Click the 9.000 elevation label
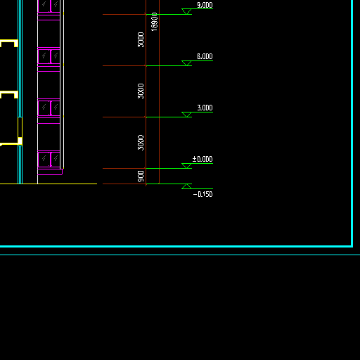click(x=205, y=5)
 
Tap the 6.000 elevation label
click(x=205, y=56)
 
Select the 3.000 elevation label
click(x=205, y=108)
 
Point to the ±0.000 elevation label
click(x=202, y=159)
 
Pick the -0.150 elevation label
click(x=203, y=194)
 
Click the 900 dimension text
click(x=141, y=176)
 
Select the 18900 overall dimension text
click(x=154, y=22)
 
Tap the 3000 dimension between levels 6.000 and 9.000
click(x=141, y=40)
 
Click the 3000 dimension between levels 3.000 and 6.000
click(x=141, y=91)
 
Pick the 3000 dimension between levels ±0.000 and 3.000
click(x=141, y=143)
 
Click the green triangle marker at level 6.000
click(x=186, y=63)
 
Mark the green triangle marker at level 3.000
click(x=186, y=115)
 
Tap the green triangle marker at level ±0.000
click(x=186, y=166)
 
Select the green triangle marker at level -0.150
click(x=186, y=186)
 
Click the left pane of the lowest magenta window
click(x=44, y=160)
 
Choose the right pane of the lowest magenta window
click(x=56, y=160)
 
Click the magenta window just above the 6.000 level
click(x=49, y=56)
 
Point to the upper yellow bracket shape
click(x=9, y=41)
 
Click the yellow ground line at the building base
click(x=49, y=184)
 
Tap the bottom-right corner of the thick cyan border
click(x=352, y=246)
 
